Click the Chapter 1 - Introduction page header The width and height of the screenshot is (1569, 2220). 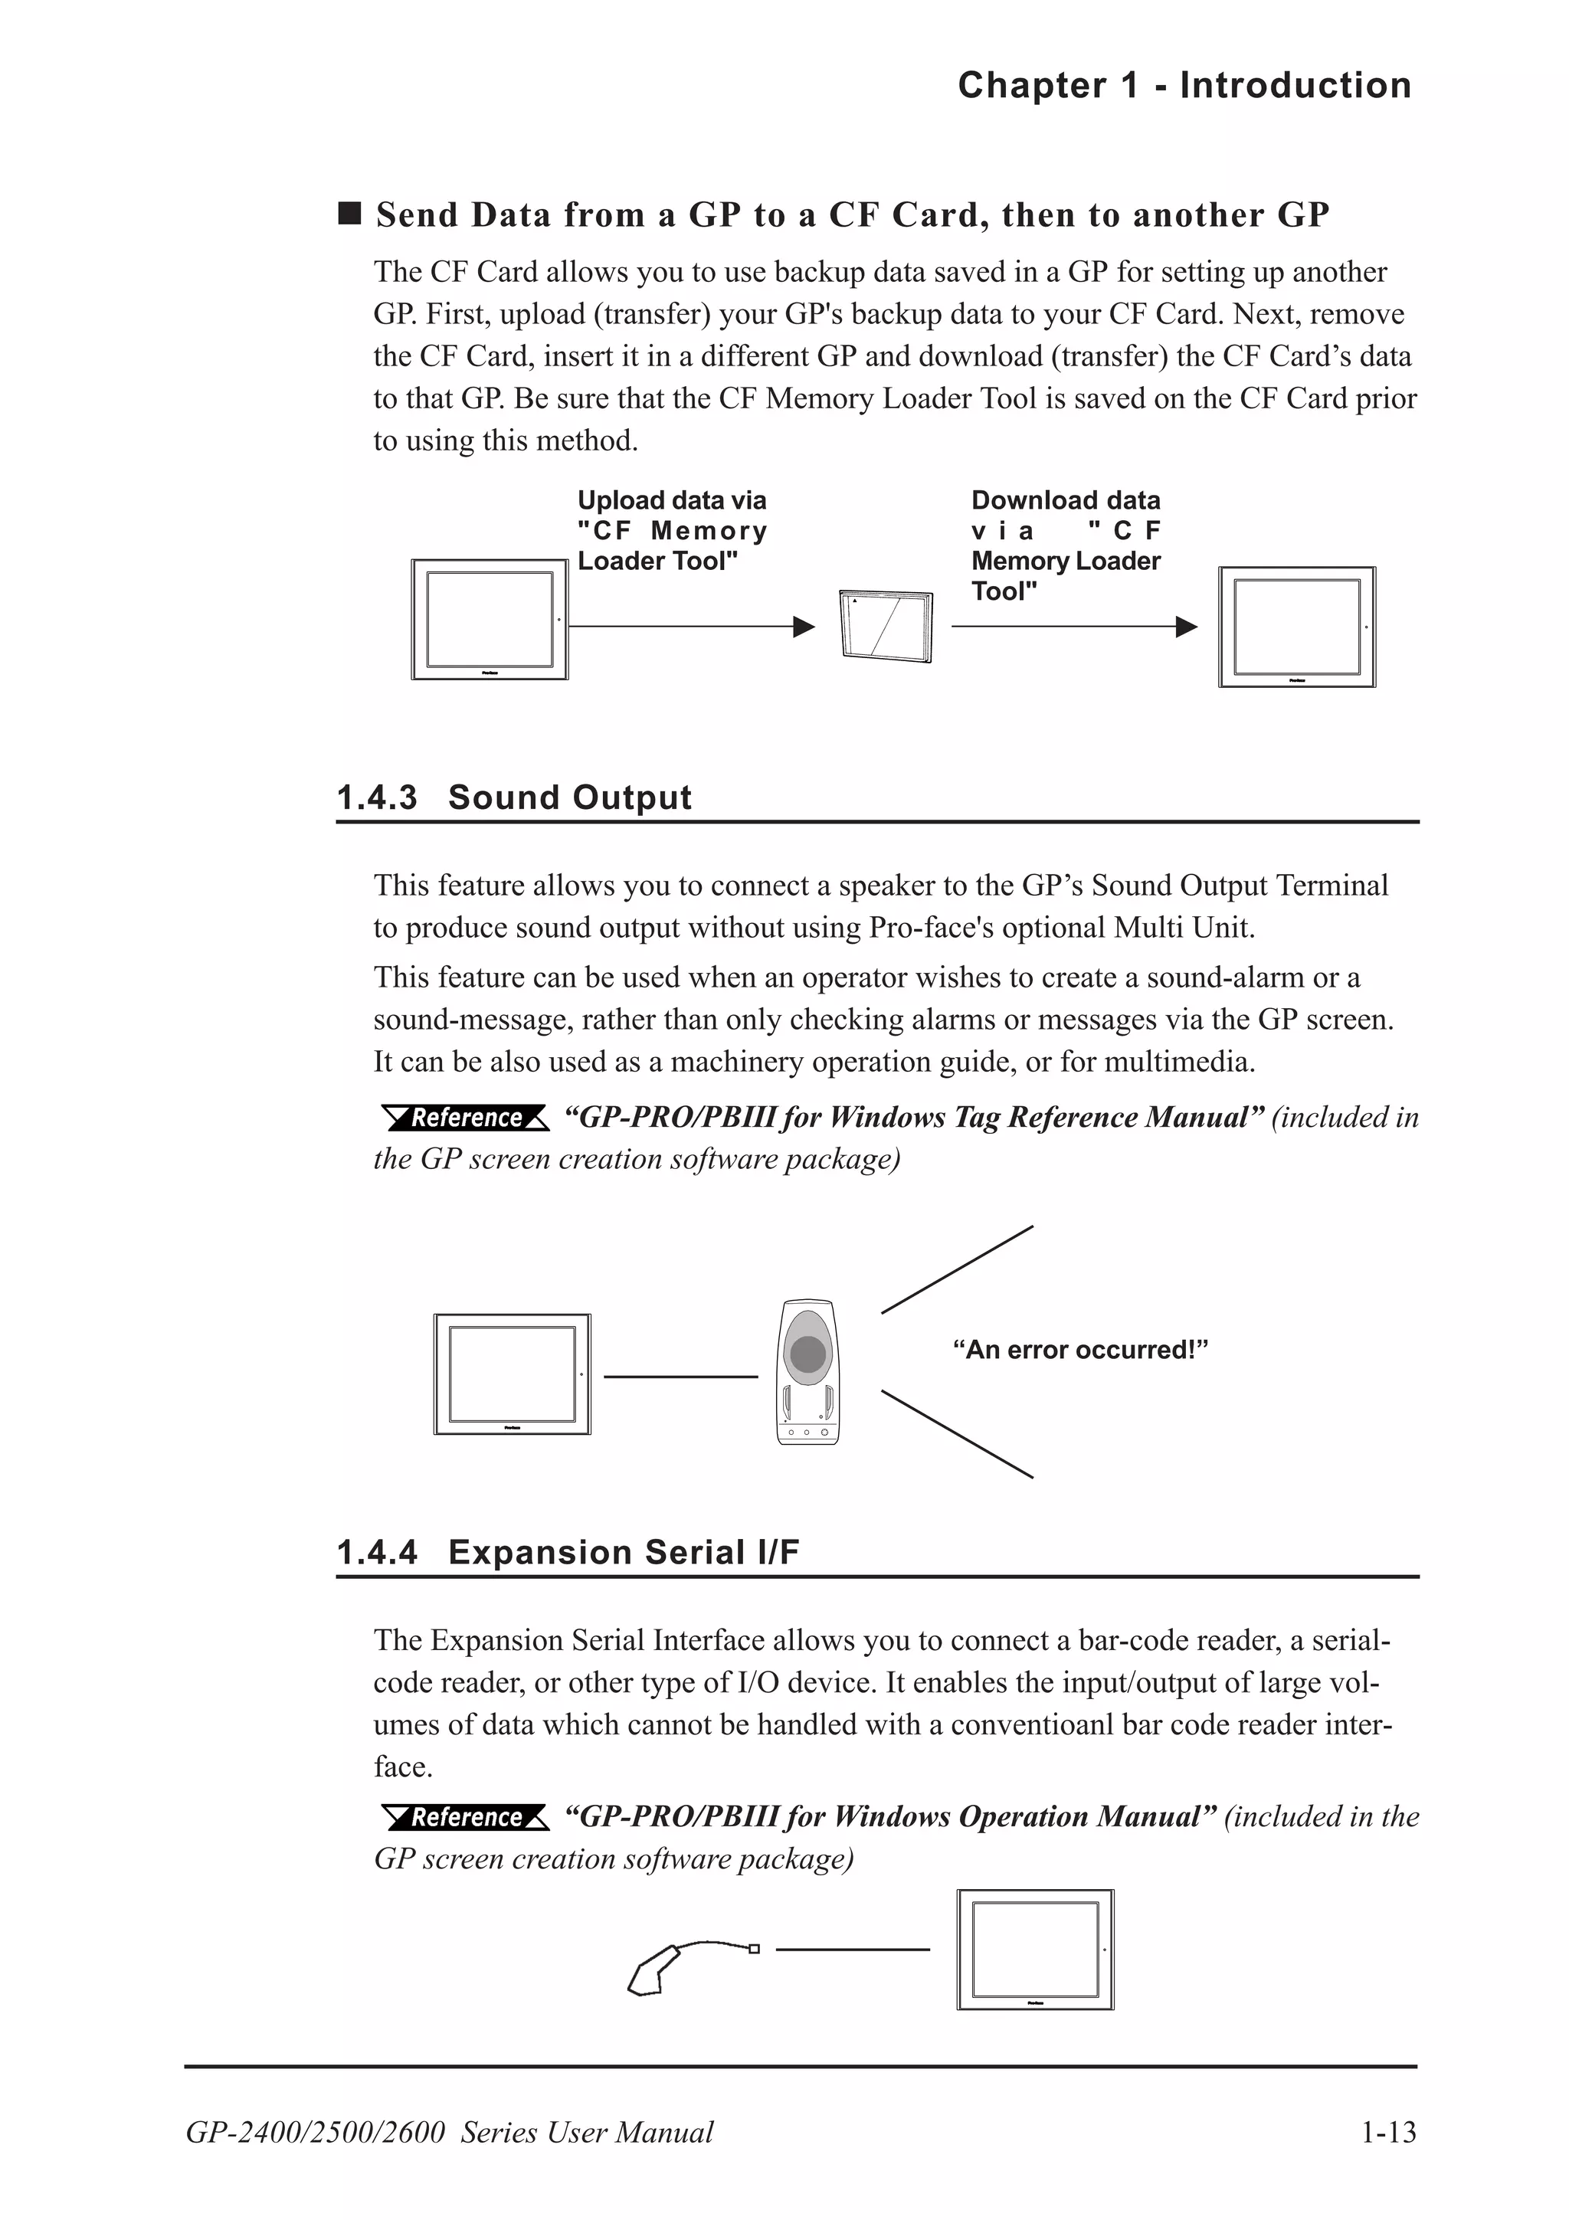[x=1184, y=85]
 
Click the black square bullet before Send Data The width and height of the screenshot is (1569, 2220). [x=349, y=213]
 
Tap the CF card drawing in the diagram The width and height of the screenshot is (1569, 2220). [x=886, y=626]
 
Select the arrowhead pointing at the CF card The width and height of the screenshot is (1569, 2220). [x=804, y=627]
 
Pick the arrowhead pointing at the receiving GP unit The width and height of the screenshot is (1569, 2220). [x=1186, y=627]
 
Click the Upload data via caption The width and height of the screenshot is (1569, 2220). [x=671, y=530]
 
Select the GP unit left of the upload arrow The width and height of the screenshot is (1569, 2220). [x=490, y=619]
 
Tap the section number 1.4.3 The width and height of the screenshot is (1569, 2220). [x=376, y=797]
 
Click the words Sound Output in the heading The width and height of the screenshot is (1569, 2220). [x=569, y=797]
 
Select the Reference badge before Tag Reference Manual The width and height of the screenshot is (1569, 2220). [x=465, y=1118]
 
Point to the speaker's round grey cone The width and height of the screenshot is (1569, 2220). [x=807, y=1354]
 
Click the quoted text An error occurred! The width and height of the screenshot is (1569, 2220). [x=1079, y=1350]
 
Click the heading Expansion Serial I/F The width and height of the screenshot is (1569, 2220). [x=624, y=1552]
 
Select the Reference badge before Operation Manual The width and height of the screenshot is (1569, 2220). [x=465, y=1817]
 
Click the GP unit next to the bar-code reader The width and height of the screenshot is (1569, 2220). [x=1035, y=1950]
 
